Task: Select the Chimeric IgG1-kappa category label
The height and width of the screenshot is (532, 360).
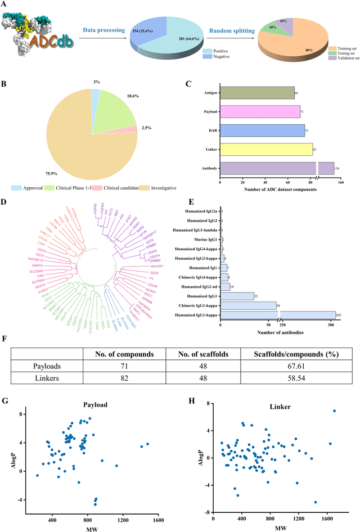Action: [194, 305]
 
